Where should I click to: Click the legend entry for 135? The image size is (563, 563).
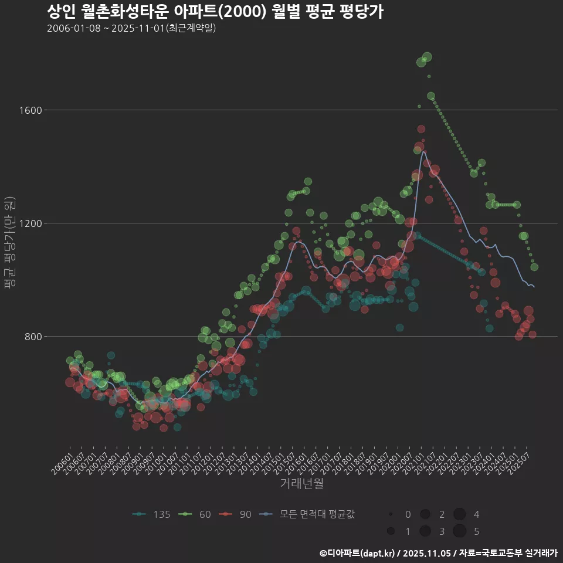pos(152,514)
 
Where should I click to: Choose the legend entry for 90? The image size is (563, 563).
pos(238,514)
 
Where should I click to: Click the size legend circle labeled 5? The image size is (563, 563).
pos(459,531)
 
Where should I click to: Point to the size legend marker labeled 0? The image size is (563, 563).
pos(391,514)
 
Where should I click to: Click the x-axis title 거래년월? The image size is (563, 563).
pos(301,484)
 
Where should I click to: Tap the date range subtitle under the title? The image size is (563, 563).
pos(131,28)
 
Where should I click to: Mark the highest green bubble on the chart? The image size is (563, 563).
pos(427,57)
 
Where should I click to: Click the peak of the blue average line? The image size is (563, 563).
pos(423,151)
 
